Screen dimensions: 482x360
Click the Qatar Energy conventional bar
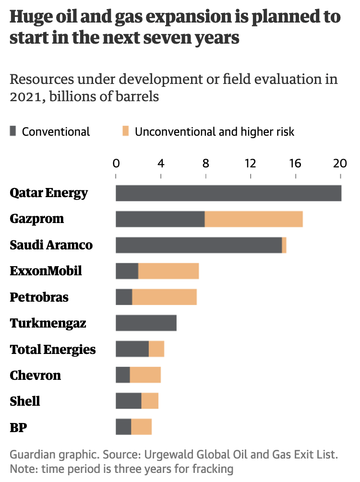[228, 193]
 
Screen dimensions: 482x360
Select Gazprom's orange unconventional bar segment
[254, 219]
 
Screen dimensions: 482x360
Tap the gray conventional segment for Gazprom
[160, 219]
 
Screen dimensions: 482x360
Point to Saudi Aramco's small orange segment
[284, 245]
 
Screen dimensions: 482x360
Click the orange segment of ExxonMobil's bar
[168, 271]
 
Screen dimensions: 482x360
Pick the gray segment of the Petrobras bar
[124, 297]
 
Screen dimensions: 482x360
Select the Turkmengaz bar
[146, 323]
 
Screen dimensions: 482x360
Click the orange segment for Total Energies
[156, 349]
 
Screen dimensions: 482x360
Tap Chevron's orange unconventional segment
[145, 375]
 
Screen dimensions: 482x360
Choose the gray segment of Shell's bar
[129, 400]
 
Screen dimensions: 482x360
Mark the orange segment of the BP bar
[142, 426]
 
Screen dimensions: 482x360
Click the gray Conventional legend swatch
[13, 131]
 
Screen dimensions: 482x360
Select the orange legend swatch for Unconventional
[126, 131]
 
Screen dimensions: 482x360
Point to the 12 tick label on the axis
[250, 163]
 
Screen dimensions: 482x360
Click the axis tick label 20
[340, 163]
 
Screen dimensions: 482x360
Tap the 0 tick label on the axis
[116, 163]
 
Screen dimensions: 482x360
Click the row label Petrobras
[39, 297]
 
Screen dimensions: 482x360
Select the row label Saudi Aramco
[51, 245]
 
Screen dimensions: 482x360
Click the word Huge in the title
[31, 18]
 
